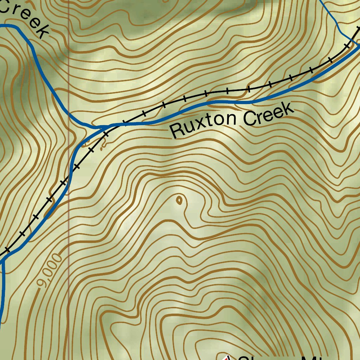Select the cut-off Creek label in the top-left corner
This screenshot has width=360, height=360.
click(x=25, y=18)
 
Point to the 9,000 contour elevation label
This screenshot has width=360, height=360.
click(x=50, y=271)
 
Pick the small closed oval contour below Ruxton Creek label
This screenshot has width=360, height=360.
click(x=179, y=201)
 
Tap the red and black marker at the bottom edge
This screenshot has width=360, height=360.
click(x=227, y=358)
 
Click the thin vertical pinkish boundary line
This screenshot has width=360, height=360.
click(x=69, y=211)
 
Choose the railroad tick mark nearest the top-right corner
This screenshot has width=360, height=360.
click(x=347, y=46)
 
